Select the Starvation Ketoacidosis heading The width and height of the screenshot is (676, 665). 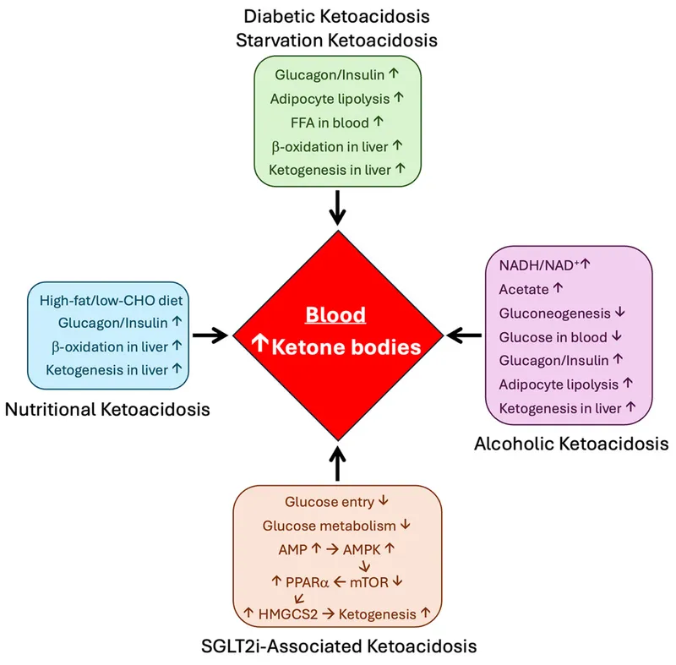[x=337, y=41]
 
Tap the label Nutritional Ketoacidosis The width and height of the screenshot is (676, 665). [x=107, y=410]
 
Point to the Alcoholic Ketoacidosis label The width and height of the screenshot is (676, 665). [x=571, y=443]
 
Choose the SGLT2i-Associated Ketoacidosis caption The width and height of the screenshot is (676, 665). [x=337, y=646]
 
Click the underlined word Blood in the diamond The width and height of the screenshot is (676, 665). [x=335, y=315]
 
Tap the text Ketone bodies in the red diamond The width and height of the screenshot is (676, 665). [x=346, y=346]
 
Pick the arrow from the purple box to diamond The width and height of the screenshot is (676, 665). [x=464, y=335]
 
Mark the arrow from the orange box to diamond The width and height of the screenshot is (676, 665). [x=337, y=463]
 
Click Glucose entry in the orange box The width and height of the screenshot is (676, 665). [x=329, y=501]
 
